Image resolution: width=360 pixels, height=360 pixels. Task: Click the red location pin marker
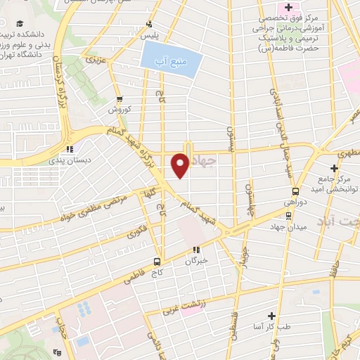point(180,165)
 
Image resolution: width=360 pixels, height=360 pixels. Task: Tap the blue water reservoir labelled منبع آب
point(171,56)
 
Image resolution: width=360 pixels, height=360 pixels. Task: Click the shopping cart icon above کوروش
point(119,99)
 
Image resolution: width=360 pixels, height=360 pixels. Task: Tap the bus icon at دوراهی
point(296,191)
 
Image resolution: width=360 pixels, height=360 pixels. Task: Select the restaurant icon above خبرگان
point(198,249)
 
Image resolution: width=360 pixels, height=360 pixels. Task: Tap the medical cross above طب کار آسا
point(271,316)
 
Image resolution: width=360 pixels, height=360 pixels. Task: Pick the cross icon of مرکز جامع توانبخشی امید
point(334,168)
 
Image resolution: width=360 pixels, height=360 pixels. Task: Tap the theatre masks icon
point(70,148)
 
